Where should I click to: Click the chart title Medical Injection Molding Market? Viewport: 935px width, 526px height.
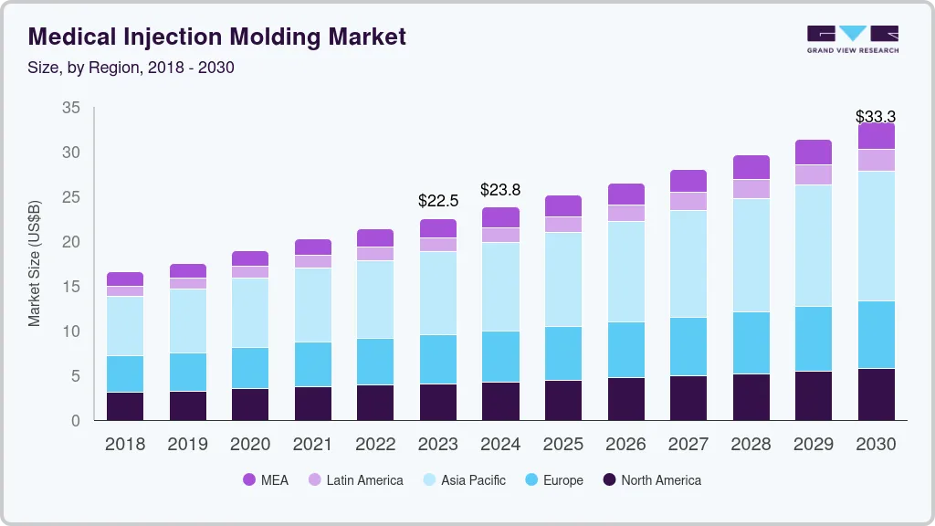(217, 37)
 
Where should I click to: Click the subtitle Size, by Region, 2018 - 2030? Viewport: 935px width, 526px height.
(131, 68)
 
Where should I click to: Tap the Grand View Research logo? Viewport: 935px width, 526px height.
(852, 39)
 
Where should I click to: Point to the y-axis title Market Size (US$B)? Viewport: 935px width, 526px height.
(35, 263)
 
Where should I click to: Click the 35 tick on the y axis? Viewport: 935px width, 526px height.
(71, 108)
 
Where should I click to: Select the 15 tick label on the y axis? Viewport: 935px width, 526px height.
(71, 287)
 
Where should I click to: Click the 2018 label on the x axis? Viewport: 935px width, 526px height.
(125, 445)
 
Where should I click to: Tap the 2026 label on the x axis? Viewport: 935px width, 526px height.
(625, 445)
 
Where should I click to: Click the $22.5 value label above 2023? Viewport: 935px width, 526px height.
(437, 200)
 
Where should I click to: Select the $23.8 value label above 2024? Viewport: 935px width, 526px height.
(500, 189)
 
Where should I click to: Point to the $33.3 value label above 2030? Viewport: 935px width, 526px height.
(875, 117)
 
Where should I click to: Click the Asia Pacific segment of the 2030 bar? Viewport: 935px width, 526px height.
(876, 236)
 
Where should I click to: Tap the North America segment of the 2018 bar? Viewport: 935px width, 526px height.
(125, 405)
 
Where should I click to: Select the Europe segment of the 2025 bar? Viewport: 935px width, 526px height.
(563, 353)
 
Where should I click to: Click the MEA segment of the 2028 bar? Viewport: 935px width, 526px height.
(751, 167)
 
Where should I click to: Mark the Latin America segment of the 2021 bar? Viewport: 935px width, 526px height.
(312, 261)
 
